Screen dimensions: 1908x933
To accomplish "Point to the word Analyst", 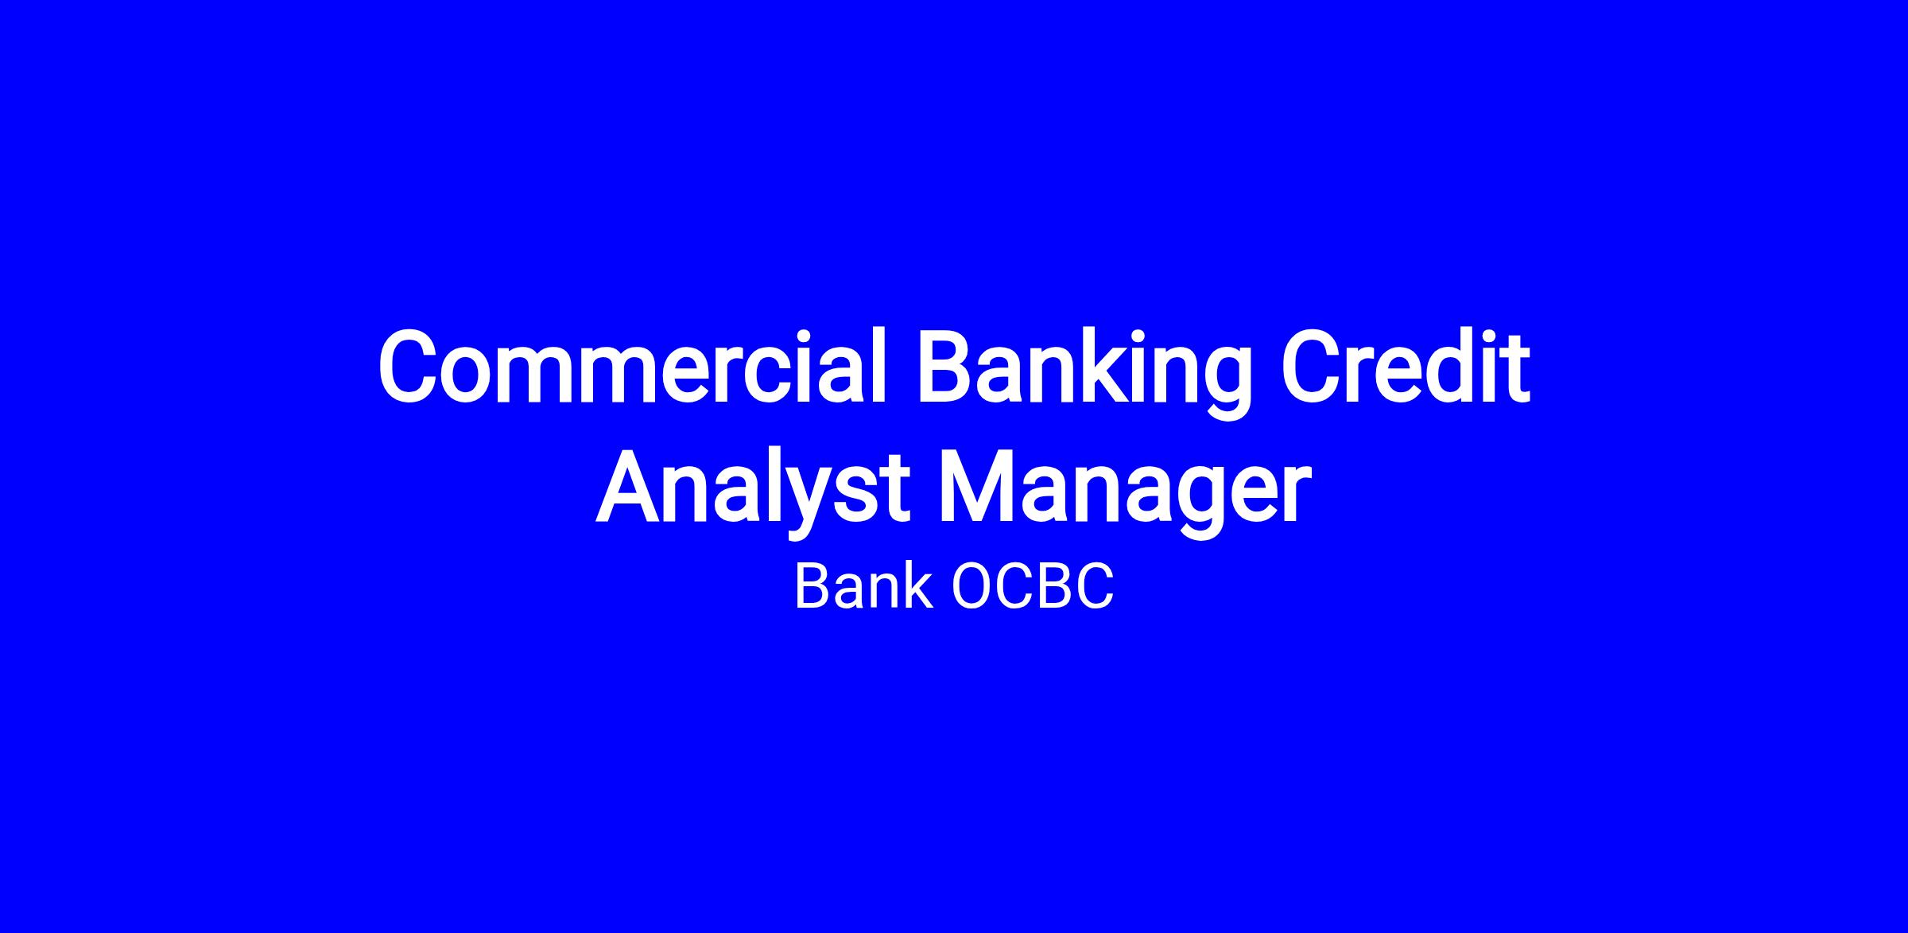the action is pos(752,489).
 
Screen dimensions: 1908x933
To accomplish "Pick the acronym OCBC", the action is pos(1032,588).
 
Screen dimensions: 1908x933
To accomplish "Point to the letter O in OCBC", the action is pos(971,588).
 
